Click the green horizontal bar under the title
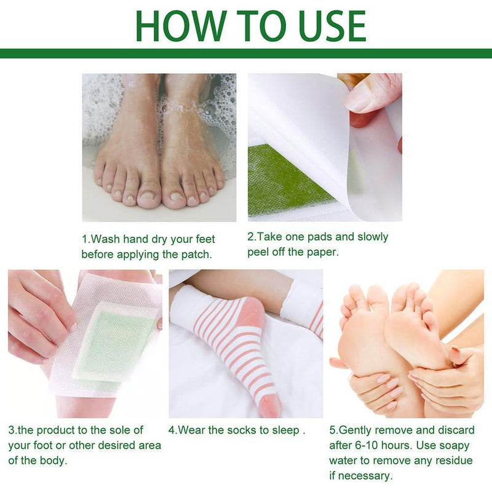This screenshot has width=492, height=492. [246, 54]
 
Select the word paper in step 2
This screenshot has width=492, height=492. [322, 252]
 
